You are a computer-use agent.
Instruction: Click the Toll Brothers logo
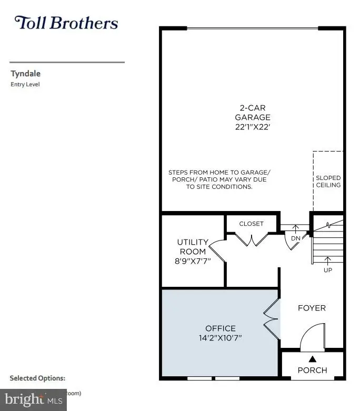(66, 23)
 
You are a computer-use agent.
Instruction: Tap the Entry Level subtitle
(25, 84)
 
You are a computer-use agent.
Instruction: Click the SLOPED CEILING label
(328, 182)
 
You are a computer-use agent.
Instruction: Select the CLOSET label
(252, 224)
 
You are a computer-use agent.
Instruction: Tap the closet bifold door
(252, 240)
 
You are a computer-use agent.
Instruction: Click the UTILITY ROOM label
(193, 246)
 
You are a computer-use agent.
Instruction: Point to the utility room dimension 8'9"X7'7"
(193, 260)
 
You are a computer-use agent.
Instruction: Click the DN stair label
(295, 238)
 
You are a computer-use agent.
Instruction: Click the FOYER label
(312, 308)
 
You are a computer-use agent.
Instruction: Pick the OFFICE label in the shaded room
(221, 328)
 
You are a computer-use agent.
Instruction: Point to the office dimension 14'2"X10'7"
(221, 338)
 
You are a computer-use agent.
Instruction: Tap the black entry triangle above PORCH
(312, 359)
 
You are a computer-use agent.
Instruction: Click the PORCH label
(312, 370)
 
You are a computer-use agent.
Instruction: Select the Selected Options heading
(37, 378)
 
